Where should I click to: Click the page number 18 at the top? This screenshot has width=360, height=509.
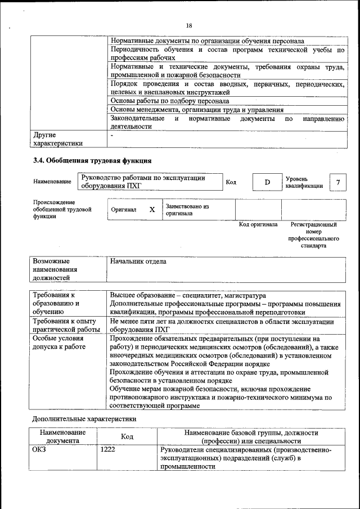(x=189, y=25)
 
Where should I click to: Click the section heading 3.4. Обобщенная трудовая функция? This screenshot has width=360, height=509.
(x=92, y=161)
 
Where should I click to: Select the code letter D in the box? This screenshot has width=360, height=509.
(x=268, y=182)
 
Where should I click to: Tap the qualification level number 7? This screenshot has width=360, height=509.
(x=337, y=182)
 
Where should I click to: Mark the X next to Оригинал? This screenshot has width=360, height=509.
(x=152, y=209)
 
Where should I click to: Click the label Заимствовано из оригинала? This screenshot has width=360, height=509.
(x=187, y=210)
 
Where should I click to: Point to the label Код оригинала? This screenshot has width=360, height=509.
(x=258, y=224)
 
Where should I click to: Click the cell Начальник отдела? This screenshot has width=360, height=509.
(x=138, y=262)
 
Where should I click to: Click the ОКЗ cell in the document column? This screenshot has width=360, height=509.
(x=39, y=451)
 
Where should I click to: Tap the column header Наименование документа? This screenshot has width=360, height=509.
(x=62, y=437)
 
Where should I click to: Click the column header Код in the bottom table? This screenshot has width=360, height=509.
(x=127, y=437)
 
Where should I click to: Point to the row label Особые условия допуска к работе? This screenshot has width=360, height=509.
(x=58, y=343)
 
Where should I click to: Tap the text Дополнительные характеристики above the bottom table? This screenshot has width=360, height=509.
(x=84, y=418)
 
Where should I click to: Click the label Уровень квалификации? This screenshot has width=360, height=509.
(x=304, y=182)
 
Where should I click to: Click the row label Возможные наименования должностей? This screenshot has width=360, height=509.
(x=55, y=269)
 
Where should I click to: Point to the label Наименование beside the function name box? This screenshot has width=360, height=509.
(x=52, y=182)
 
